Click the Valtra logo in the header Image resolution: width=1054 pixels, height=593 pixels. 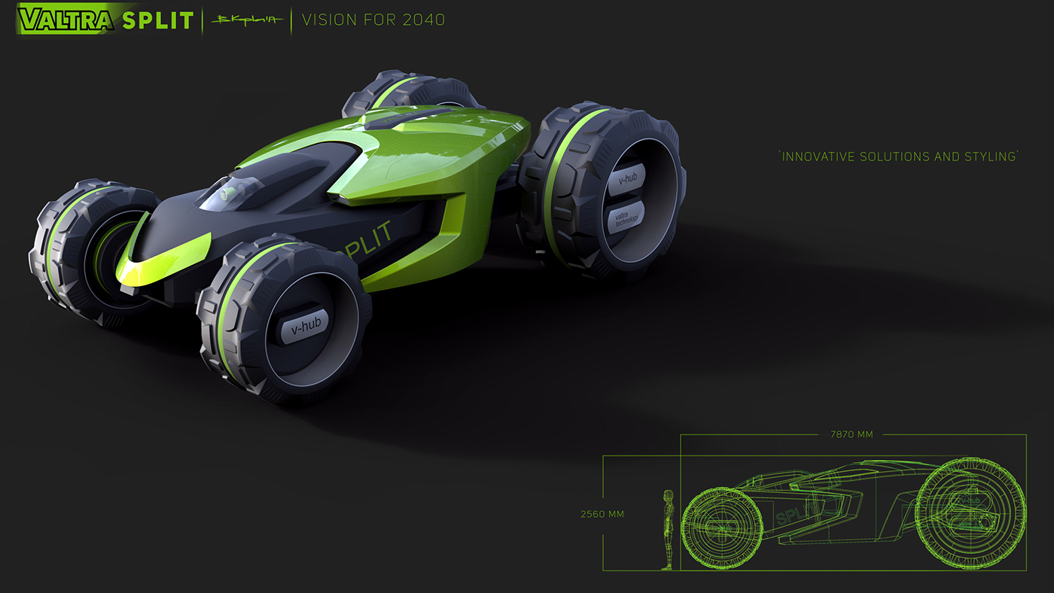coord(64,19)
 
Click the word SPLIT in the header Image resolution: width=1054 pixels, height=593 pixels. coord(157,20)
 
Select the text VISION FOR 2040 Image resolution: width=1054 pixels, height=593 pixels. coord(373,20)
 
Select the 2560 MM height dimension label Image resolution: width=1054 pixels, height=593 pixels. coord(602,515)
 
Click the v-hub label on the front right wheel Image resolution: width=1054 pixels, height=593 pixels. coord(305,326)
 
